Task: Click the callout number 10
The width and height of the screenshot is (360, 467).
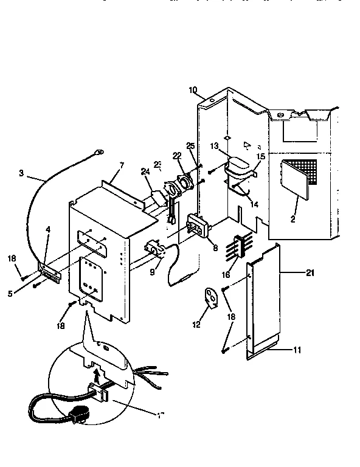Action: point(193,91)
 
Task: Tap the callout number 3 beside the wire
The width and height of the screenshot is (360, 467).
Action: point(22,173)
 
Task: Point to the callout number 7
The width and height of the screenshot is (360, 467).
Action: point(122,165)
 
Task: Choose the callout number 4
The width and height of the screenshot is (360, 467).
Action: point(48,230)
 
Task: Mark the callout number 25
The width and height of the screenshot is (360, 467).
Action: point(190,147)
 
